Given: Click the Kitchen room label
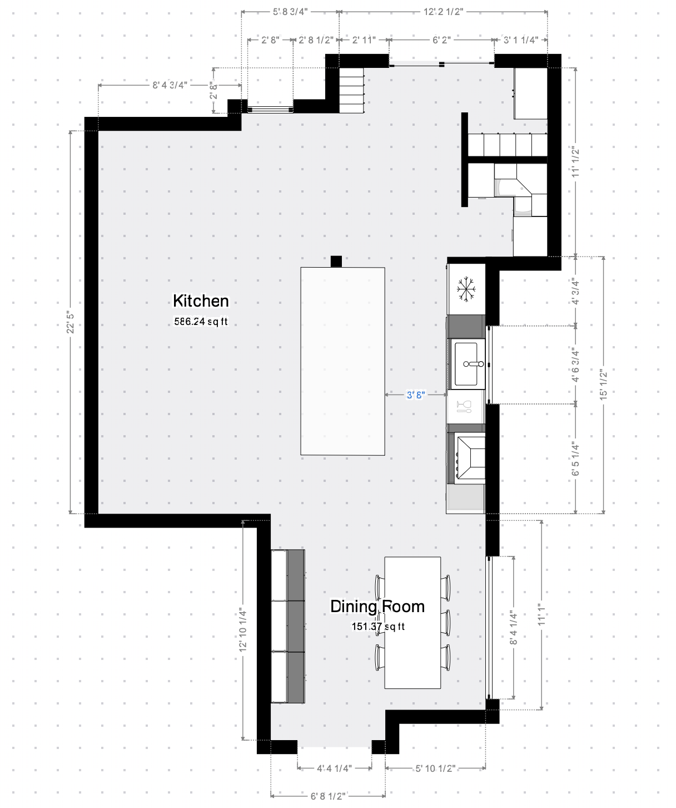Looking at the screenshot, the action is tap(201, 301).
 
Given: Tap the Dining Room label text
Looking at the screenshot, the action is tap(377, 606).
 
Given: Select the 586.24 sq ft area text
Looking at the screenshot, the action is tap(201, 322).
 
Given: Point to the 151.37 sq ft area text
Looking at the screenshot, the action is tap(378, 626).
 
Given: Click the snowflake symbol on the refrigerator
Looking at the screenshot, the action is tap(466, 289).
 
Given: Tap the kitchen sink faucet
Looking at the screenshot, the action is tap(473, 364).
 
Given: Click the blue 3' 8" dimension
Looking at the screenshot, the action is tap(416, 395).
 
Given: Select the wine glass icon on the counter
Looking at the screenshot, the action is tap(464, 407).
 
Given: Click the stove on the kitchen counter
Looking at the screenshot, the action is tap(466, 458).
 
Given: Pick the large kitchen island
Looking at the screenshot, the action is tap(342, 361).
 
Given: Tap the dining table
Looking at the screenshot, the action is tap(412, 623).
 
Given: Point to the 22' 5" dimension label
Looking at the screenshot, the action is tap(70, 322).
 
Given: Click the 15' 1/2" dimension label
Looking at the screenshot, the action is tap(603, 385).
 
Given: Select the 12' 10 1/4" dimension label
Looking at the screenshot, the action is tap(242, 629).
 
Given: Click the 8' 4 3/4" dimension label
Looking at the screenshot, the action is tap(170, 85).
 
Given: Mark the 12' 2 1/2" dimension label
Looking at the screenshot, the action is tap(443, 12).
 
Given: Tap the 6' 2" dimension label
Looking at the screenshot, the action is tap(441, 40).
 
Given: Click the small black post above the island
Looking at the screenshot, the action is tap(336, 261).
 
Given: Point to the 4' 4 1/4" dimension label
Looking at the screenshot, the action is tap(335, 768).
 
